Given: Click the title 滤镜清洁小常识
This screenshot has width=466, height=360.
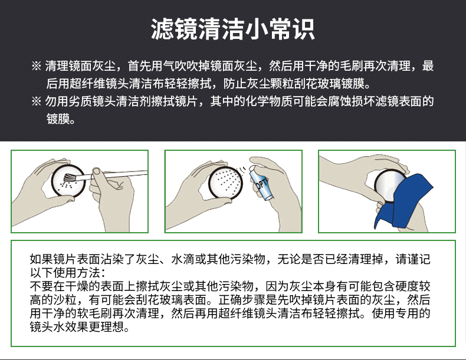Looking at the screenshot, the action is [232, 29].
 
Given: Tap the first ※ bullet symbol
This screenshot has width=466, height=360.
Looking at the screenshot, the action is [36, 66].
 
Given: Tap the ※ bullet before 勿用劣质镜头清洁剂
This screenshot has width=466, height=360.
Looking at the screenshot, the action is [36, 101].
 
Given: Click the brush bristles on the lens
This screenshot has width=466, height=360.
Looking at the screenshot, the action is [70, 177].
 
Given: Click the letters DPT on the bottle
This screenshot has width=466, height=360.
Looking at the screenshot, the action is [262, 183].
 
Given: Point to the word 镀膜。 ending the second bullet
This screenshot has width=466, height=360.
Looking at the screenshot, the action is [61, 119].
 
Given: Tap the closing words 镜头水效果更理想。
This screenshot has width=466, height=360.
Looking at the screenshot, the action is [80, 327].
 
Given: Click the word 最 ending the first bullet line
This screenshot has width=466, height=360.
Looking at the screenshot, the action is [428, 66].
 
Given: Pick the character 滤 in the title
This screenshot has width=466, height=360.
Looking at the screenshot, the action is [162, 29].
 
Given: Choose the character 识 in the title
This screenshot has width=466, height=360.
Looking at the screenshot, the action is [304, 29].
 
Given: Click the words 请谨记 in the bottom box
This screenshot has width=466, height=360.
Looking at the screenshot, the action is [413, 259].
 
